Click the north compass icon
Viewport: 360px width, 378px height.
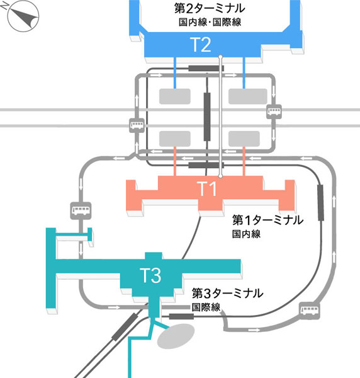(21, 17)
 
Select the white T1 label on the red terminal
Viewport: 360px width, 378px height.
(208, 188)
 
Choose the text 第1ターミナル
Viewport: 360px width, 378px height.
(268, 220)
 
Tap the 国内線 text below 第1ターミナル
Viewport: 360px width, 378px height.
(247, 234)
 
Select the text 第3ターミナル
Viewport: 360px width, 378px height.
(227, 294)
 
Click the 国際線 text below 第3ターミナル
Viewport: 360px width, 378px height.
(206, 307)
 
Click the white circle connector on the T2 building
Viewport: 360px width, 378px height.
(220, 57)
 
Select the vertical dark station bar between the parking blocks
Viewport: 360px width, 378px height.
(206, 115)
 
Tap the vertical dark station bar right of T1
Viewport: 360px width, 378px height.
(320, 203)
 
